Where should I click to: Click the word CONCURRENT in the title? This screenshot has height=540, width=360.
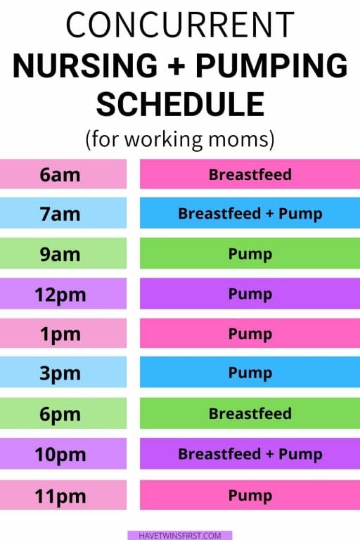pos(180,25)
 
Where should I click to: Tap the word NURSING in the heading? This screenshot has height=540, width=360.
pos(85,65)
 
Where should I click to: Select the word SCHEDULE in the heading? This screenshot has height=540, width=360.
pos(180,104)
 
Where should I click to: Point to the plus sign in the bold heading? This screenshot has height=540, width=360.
pos(177,66)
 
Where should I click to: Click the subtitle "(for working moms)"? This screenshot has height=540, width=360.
pos(180,139)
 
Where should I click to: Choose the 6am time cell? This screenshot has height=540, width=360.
pos(63,174)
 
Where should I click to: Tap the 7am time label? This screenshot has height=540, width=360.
pos(60,214)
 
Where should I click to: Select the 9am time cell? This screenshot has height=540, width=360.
pos(63,253)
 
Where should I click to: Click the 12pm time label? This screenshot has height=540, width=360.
pos(60,295)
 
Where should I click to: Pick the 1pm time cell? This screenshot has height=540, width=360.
pos(63,333)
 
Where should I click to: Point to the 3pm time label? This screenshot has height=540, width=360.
pos(60,373)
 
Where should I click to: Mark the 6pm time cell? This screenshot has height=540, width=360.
pos(63,413)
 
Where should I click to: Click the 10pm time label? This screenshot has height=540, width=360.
pos(60,455)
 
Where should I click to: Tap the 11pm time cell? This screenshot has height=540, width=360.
pos(63,495)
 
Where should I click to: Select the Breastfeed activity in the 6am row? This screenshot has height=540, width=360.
pos(250,174)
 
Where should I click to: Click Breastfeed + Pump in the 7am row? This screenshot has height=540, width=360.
pos(250,214)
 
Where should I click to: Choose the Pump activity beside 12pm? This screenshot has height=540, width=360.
pos(250,294)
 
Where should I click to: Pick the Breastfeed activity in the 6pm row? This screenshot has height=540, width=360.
pos(250,413)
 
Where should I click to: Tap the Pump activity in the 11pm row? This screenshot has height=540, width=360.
pos(250,496)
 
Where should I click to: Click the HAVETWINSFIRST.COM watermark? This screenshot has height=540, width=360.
pos(180,536)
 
